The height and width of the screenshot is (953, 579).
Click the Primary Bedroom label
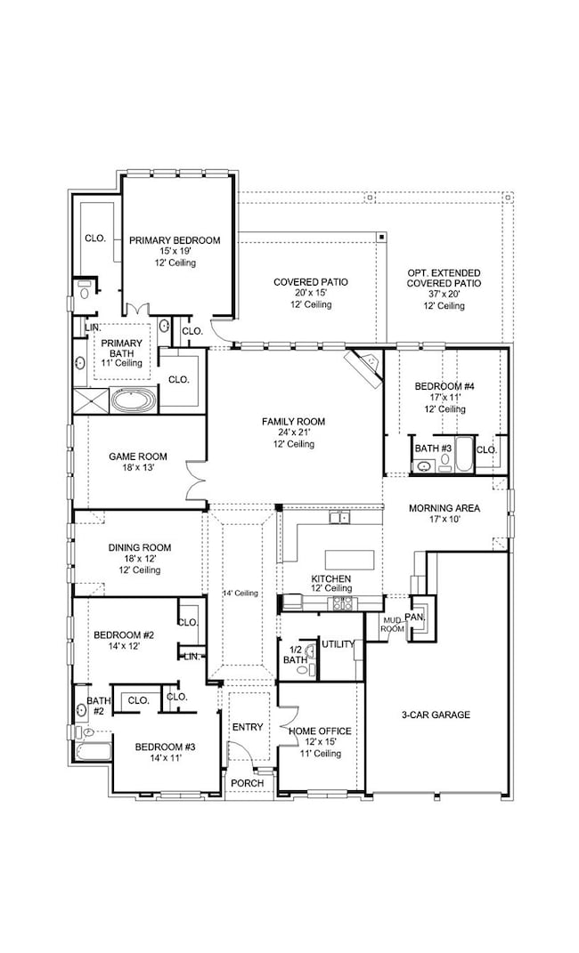[x=175, y=240]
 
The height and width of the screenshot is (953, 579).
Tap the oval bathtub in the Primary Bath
[x=134, y=401]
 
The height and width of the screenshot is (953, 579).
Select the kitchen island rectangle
[x=347, y=559]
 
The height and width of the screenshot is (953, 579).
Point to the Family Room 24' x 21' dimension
[x=294, y=432]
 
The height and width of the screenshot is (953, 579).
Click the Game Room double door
[x=196, y=480]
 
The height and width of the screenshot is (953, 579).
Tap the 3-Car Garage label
[x=436, y=715]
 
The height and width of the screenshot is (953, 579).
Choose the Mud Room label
[x=392, y=624]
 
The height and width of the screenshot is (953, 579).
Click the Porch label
[x=248, y=783]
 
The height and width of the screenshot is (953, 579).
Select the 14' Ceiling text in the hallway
[x=240, y=594]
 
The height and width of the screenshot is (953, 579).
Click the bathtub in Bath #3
[x=464, y=455]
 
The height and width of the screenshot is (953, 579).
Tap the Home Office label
[x=320, y=731]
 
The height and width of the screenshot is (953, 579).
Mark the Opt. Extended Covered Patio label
[x=444, y=279]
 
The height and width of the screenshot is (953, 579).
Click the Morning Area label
[x=444, y=508]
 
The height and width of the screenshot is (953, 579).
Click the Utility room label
[x=338, y=644]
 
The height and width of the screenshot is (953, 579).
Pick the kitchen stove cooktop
[x=341, y=603]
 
